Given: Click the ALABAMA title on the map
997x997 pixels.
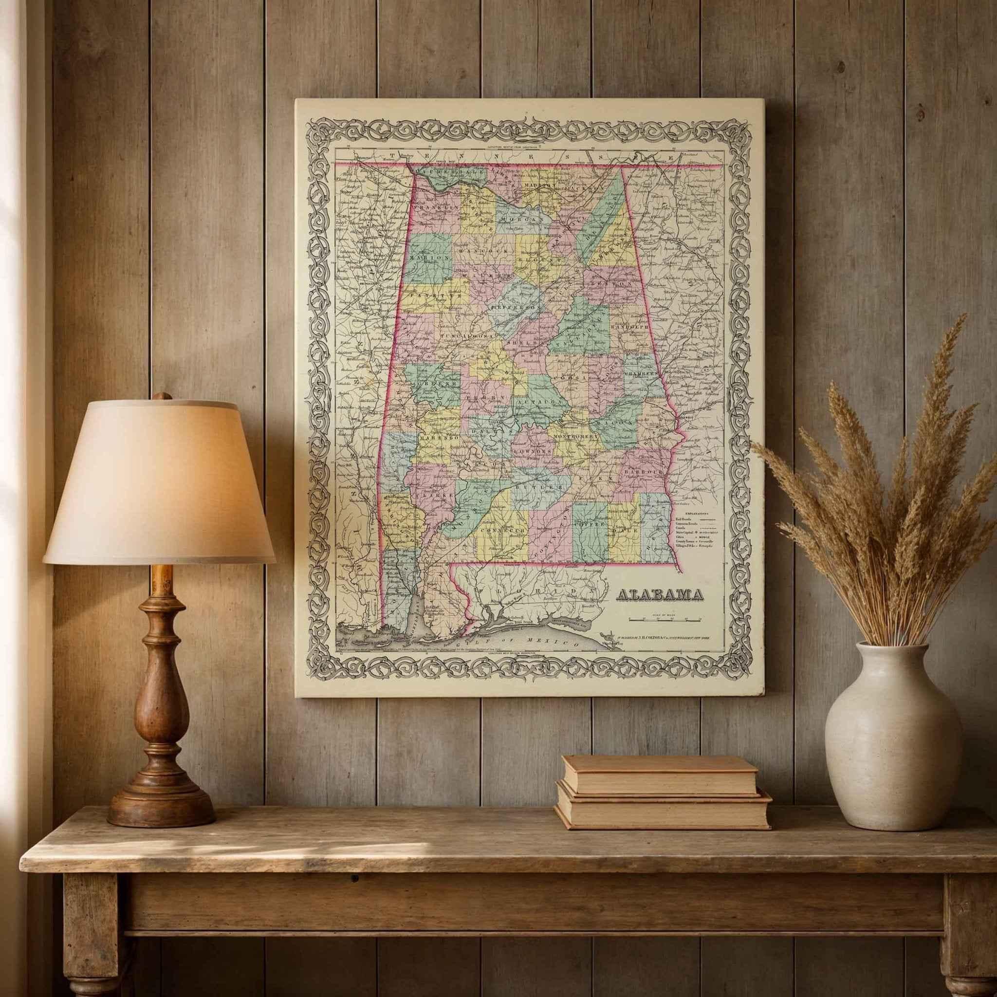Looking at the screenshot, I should click(660, 595).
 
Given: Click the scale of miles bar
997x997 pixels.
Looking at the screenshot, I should click(660, 618).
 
